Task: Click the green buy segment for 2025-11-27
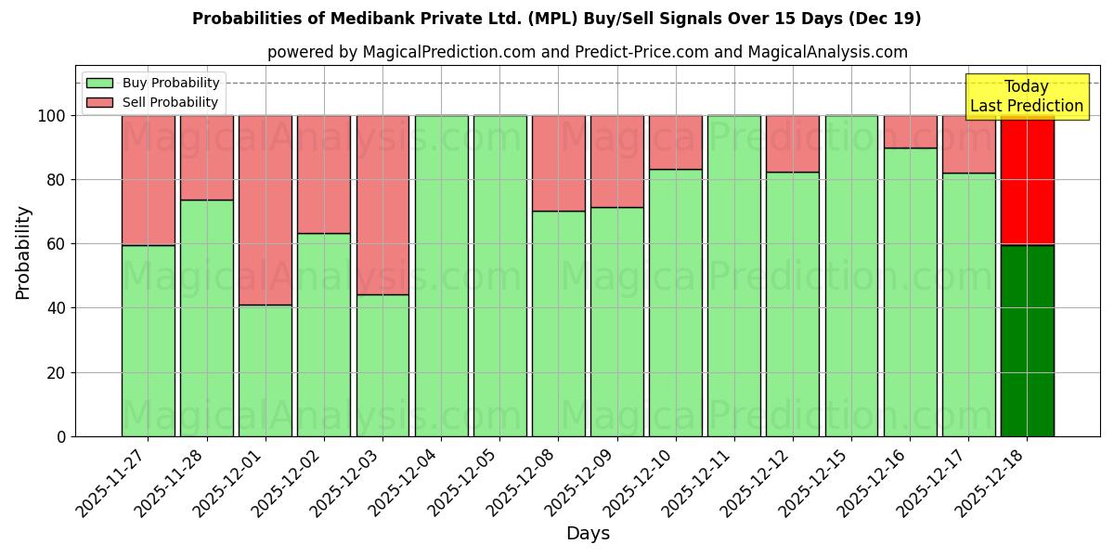pos(148,341)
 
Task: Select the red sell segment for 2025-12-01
pos(266,210)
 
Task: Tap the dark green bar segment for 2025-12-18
pos(1027,341)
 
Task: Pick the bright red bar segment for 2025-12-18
pos(1027,180)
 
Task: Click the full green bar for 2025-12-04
pos(441,276)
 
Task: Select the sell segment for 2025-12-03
pos(382,204)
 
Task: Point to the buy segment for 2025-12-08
pos(559,323)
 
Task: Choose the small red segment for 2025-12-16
pos(910,132)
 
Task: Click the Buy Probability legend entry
pos(153,84)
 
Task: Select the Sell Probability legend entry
pos(153,102)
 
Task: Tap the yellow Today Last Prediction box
pos(1026,97)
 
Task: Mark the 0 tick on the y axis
pos(61,436)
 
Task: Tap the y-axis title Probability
pos(23,253)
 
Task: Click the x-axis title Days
pos(588,534)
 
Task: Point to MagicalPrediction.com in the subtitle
pos(448,53)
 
